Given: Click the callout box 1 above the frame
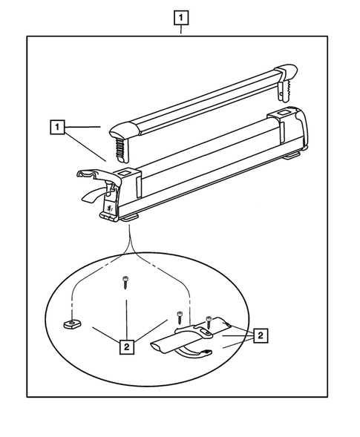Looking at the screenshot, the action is (x=181, y=18).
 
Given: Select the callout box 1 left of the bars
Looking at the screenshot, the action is (x=57, y=127).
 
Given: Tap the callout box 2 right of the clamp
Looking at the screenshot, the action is (x=261, y=335).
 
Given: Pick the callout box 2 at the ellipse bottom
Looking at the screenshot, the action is (x=127, y=347).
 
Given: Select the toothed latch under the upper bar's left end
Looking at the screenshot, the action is (x=121, y=150).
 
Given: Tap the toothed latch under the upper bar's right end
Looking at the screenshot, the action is (x=284, y=91).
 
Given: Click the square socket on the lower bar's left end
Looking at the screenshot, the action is (x=123, y=174).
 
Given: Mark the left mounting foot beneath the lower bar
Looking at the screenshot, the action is (x=131, y=218).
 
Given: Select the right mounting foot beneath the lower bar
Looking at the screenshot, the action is (x=292, y=156).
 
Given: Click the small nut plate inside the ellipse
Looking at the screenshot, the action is (x=72, y=323).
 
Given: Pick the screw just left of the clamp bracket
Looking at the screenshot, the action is (x=180, y=317).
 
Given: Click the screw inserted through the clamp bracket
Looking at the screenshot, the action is (x=209, y=323).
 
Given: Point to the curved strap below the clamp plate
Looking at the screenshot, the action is (x=194, y=353).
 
